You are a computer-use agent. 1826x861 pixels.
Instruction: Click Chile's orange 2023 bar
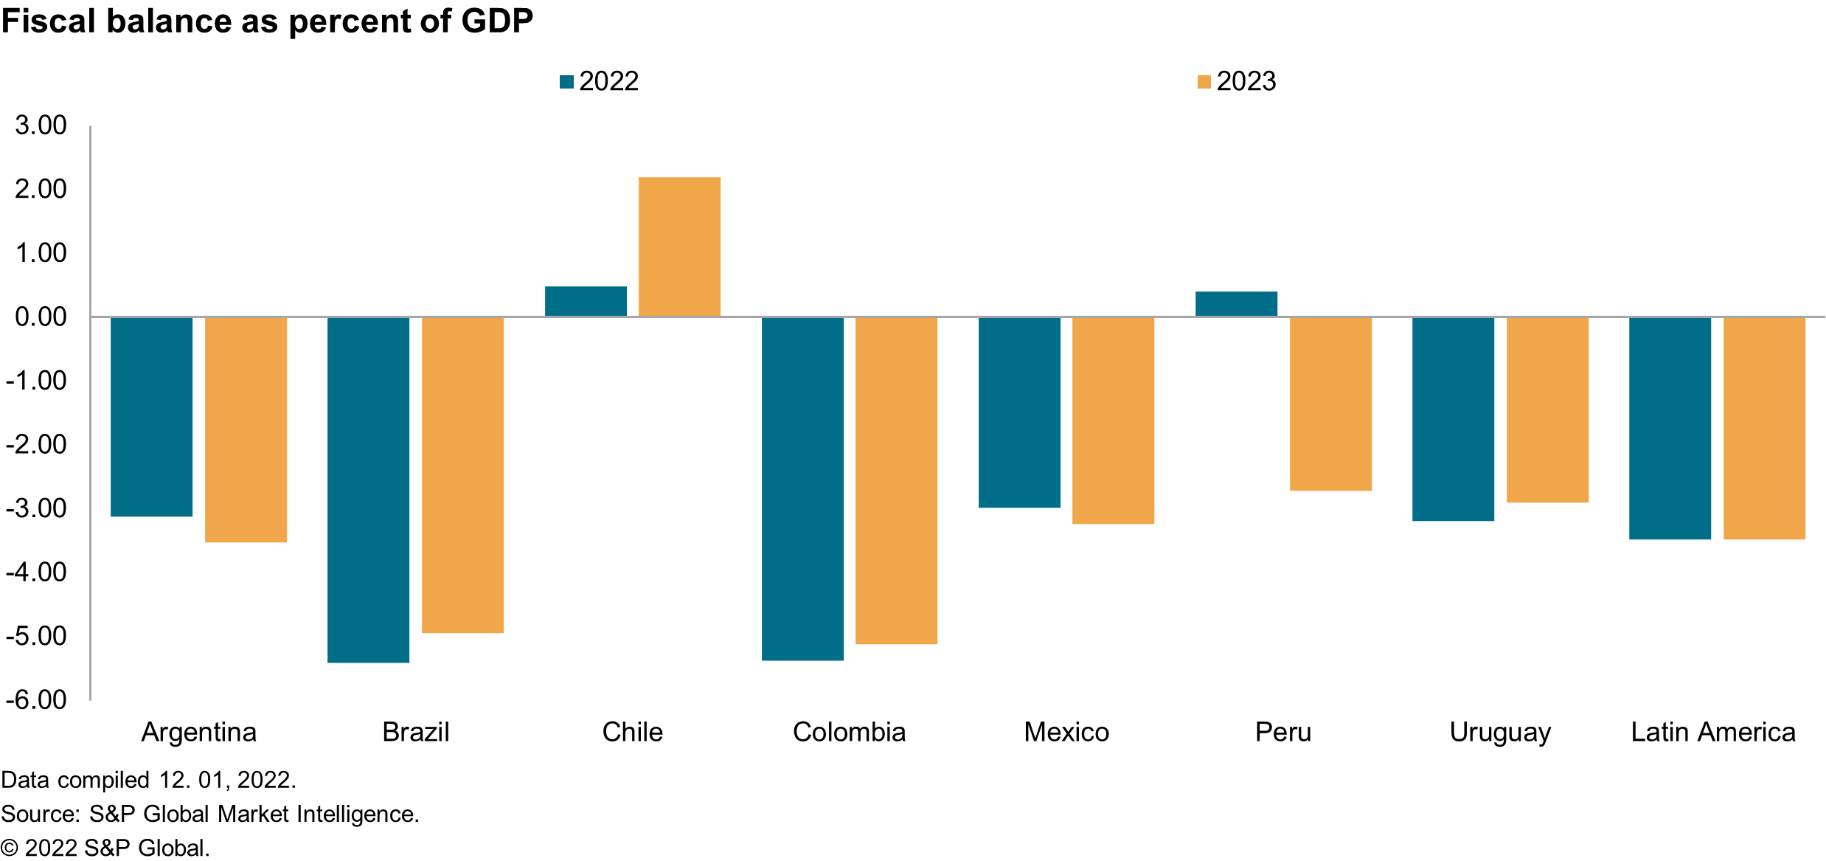(x=679, y=246)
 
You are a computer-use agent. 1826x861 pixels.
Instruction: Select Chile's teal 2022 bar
(x=586, y=302)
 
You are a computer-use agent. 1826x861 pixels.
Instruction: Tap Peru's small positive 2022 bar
(x=1236, y=304)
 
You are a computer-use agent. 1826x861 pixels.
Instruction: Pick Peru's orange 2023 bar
(x=1330, y=404)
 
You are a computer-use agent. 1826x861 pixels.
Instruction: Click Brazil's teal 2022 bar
(x=368, y=490)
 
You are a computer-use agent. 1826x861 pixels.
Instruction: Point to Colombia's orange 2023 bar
(x=896, y=480)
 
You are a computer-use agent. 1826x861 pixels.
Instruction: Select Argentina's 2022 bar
(x=151, y=417)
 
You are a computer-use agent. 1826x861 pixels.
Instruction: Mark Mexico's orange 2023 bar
(x=1113, y=421)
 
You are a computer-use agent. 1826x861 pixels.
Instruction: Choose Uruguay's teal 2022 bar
(x=1453, y=419)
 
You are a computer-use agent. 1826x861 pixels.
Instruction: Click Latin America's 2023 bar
(x=1764, y=428)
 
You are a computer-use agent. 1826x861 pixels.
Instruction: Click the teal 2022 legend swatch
(x=566, y=82)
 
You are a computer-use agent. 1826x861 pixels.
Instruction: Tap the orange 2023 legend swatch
(x=1204, y=82)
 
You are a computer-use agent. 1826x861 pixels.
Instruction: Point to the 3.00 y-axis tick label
(x=41, y=125)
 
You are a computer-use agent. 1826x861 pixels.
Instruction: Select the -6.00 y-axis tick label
(x=36, y=699)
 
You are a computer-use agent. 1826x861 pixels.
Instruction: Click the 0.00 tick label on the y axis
(x=41, y=317)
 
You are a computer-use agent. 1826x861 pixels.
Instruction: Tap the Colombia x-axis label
(x=849, y=732)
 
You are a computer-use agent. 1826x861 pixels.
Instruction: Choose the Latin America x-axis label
(x=1712, y=732)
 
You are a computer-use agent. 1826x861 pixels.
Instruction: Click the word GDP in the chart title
(x=497, y=21)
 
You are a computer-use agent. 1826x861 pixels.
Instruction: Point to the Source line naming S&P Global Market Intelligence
(x=210, y=814)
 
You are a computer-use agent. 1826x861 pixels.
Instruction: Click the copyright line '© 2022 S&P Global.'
(x=105, y=848)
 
